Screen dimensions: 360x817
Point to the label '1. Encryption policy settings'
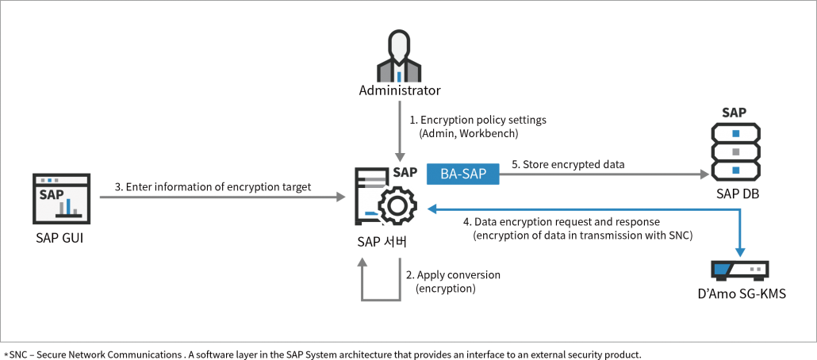coord(477,120)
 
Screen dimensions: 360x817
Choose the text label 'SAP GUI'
coord(59,235)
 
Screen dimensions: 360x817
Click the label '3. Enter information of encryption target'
coord(213,185)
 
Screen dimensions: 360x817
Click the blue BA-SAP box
coord(463,174)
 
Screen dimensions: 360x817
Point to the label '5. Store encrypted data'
coord(568,163)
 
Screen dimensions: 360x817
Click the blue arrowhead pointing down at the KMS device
coord(740,251)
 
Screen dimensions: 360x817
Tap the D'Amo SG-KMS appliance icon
coord(740,270)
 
